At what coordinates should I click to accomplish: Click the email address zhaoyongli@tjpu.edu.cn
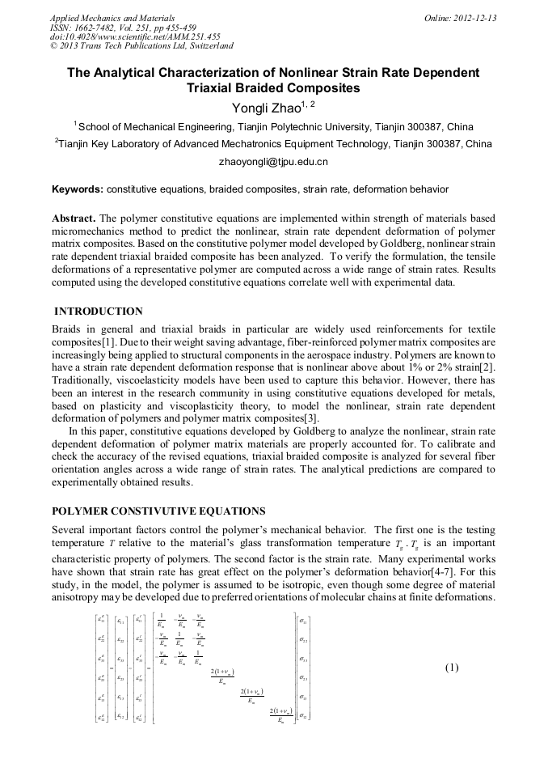point(273,162)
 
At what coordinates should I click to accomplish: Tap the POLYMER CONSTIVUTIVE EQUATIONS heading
point(158,511)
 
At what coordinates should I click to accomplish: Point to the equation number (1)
point(451,668)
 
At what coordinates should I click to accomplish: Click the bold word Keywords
point(77,189)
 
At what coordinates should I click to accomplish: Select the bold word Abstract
point(74,219)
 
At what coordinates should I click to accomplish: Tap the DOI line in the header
point(135,36)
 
